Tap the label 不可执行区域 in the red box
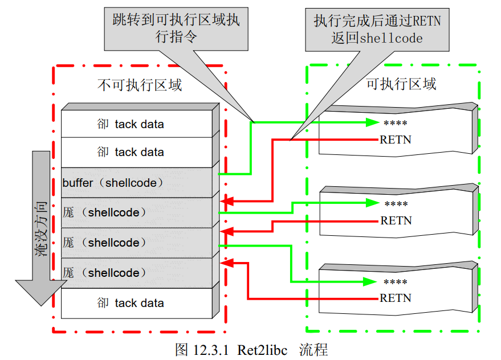tap(140, 85)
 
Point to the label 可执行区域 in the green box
tap(401, 84)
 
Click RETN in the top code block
tap(396, 140)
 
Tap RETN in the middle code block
tap(396, 220)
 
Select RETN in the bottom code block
tap(396, 298)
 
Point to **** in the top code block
tap(396, 123)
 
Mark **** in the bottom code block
tap(396, 282)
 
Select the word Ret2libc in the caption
tap(262, 349)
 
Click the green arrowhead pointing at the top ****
tap(373, 122)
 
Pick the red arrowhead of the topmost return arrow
tap(226, 201)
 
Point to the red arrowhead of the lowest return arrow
tap(226, 263)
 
